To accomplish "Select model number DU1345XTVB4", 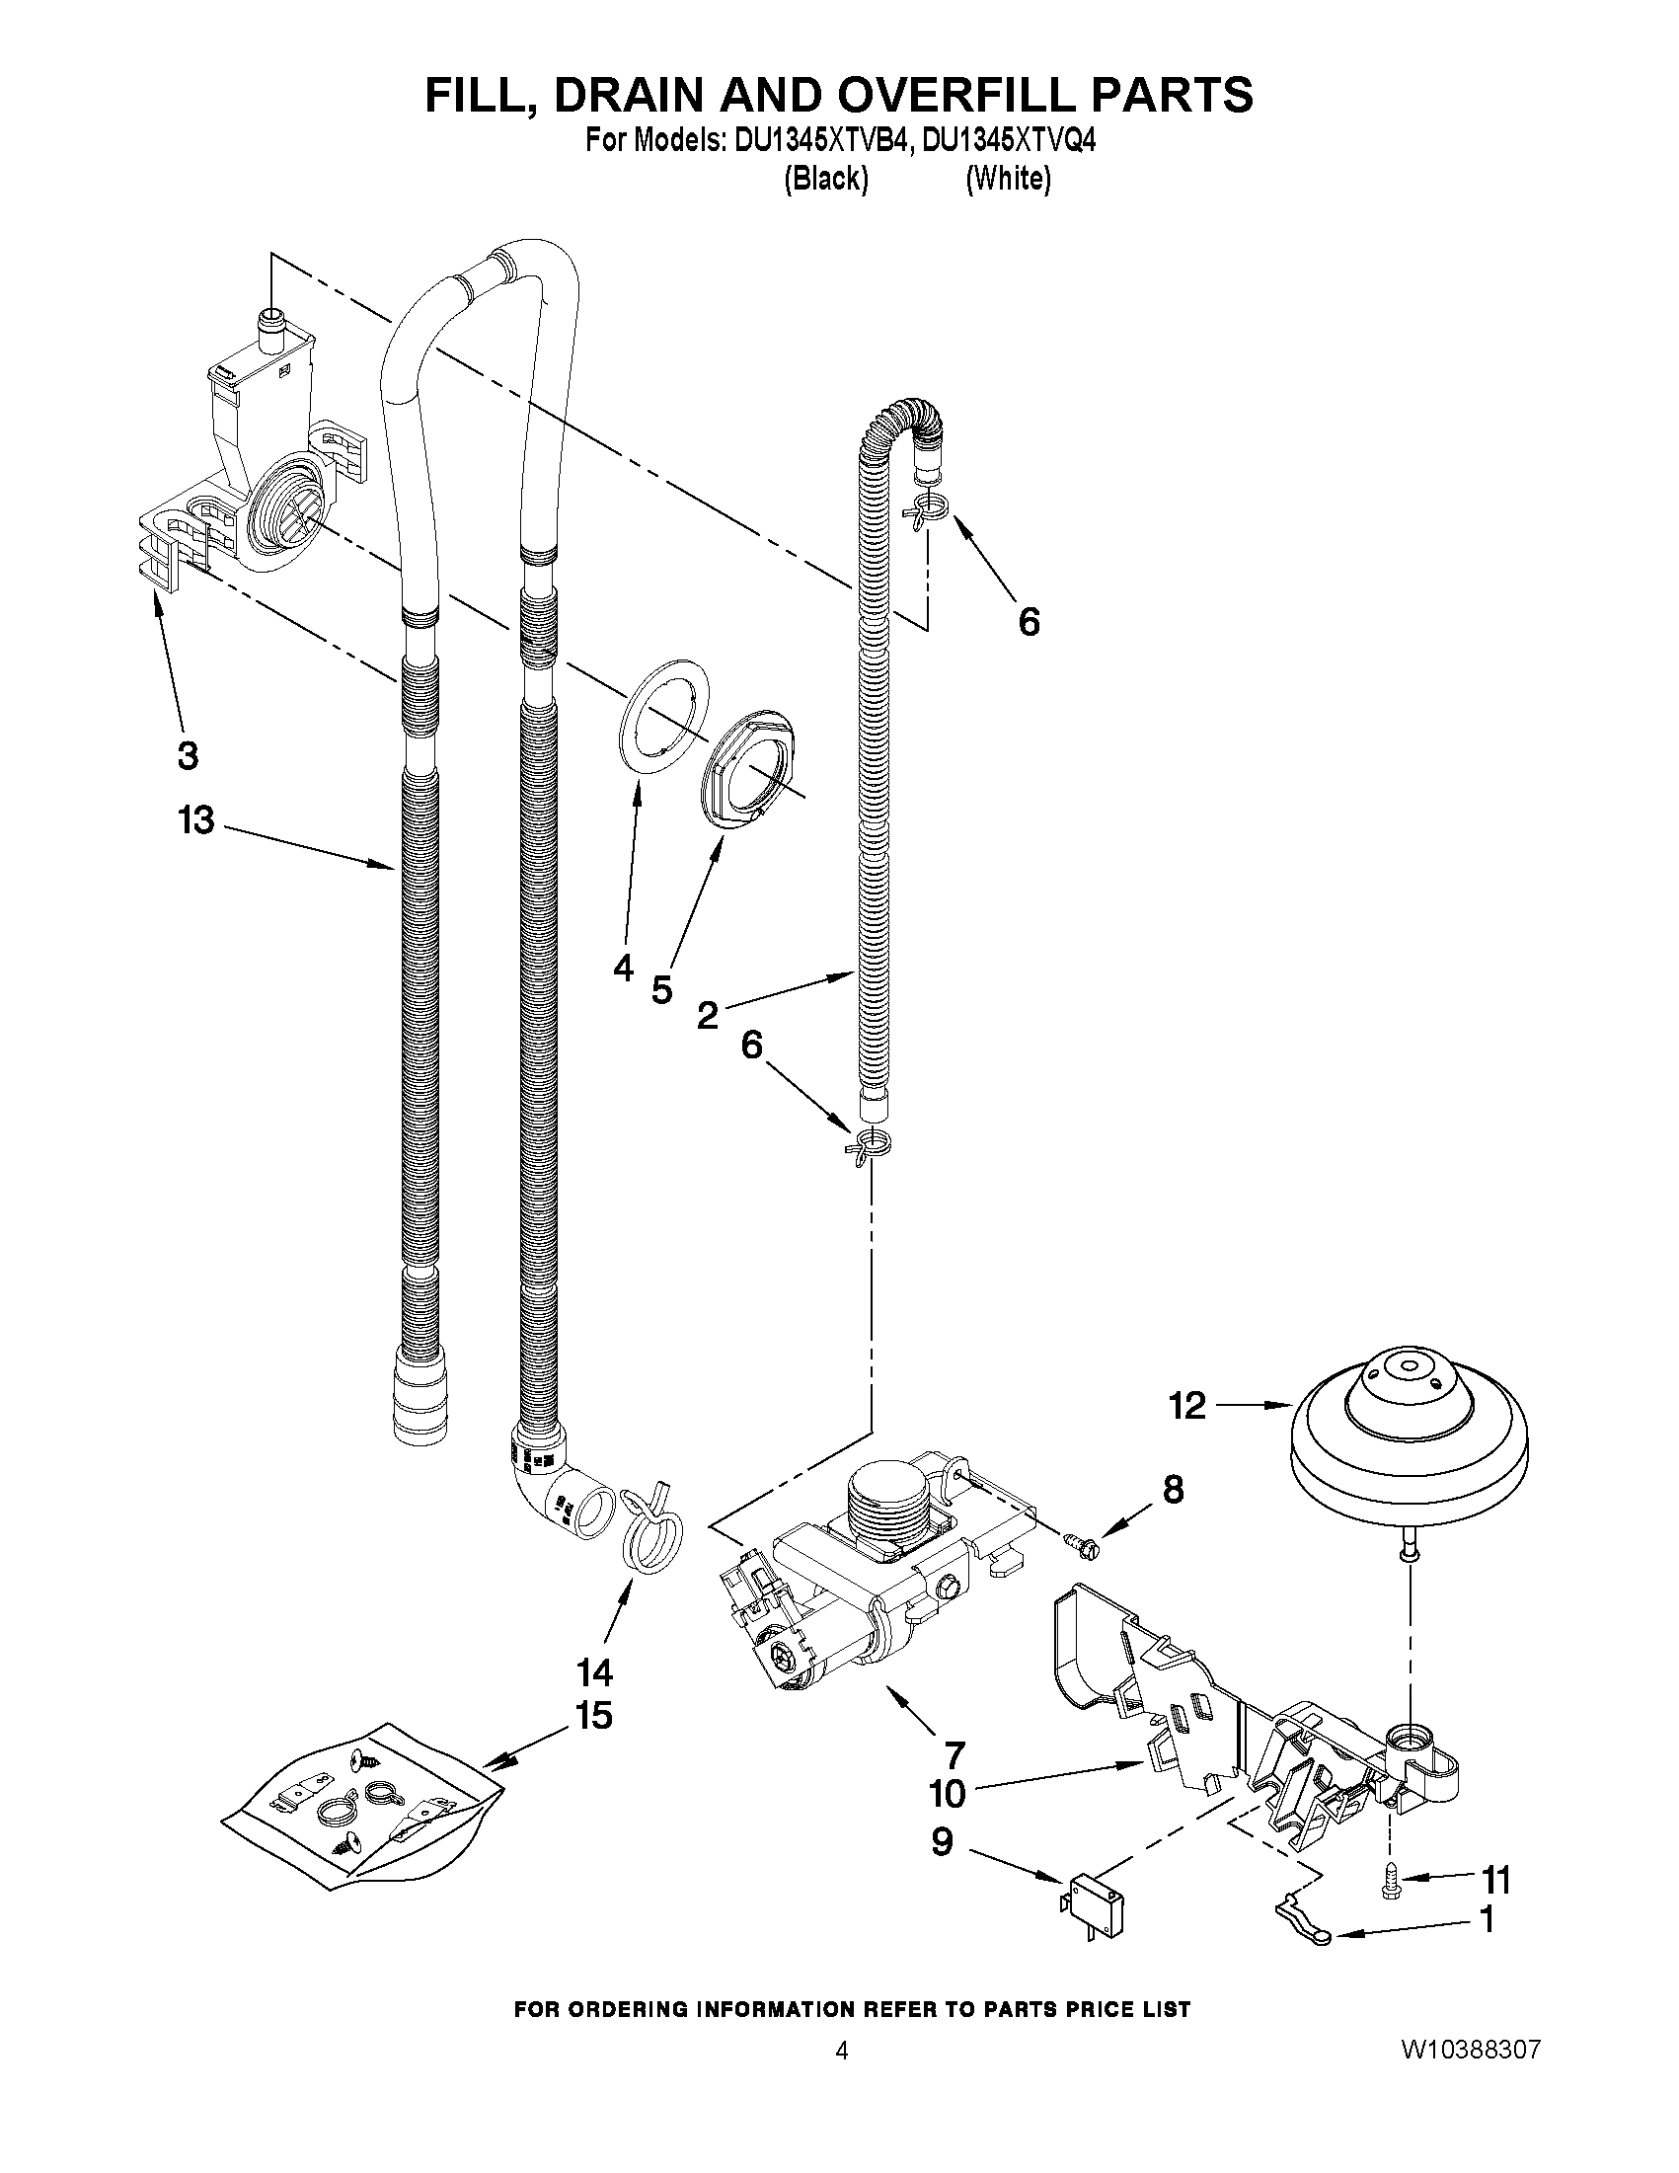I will (821, 143).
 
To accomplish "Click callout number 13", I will (196, 820).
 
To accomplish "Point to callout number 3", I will (187, 755).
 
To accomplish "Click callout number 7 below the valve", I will (954, 1753).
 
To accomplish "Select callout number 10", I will (947, 1794).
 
